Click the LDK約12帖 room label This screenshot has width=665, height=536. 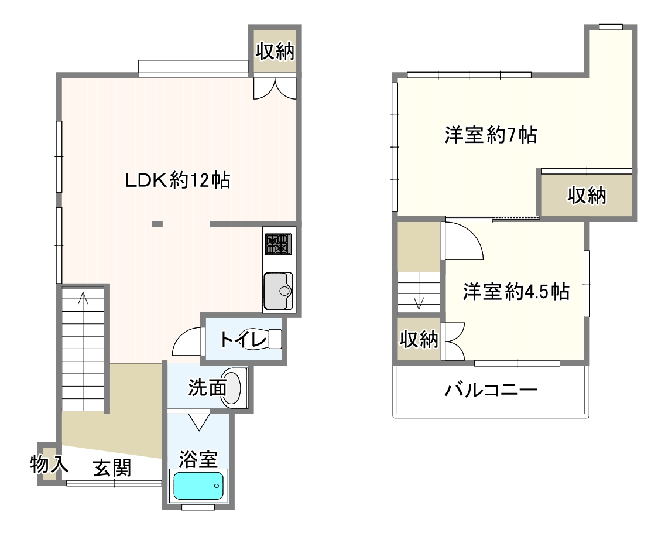coord(177,180)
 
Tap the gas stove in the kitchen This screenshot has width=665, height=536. coord(278,244)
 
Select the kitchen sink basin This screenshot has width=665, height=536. coord(278,291)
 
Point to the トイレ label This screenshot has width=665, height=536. coord(242,340)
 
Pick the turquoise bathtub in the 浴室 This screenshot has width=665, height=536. coord(198,486)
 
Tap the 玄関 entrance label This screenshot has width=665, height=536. coord(112,468)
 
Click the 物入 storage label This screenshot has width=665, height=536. coord(49,464)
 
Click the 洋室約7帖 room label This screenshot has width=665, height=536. coord(491,135)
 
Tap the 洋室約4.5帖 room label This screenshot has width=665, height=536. coord(516,292)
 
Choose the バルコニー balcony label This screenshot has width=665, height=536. coord(491,390)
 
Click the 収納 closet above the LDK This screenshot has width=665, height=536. coord(275,52)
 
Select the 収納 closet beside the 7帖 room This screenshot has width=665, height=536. coord(587,196)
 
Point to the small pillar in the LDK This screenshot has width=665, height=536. coord(157,224)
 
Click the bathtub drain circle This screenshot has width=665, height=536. coord(217,486)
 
